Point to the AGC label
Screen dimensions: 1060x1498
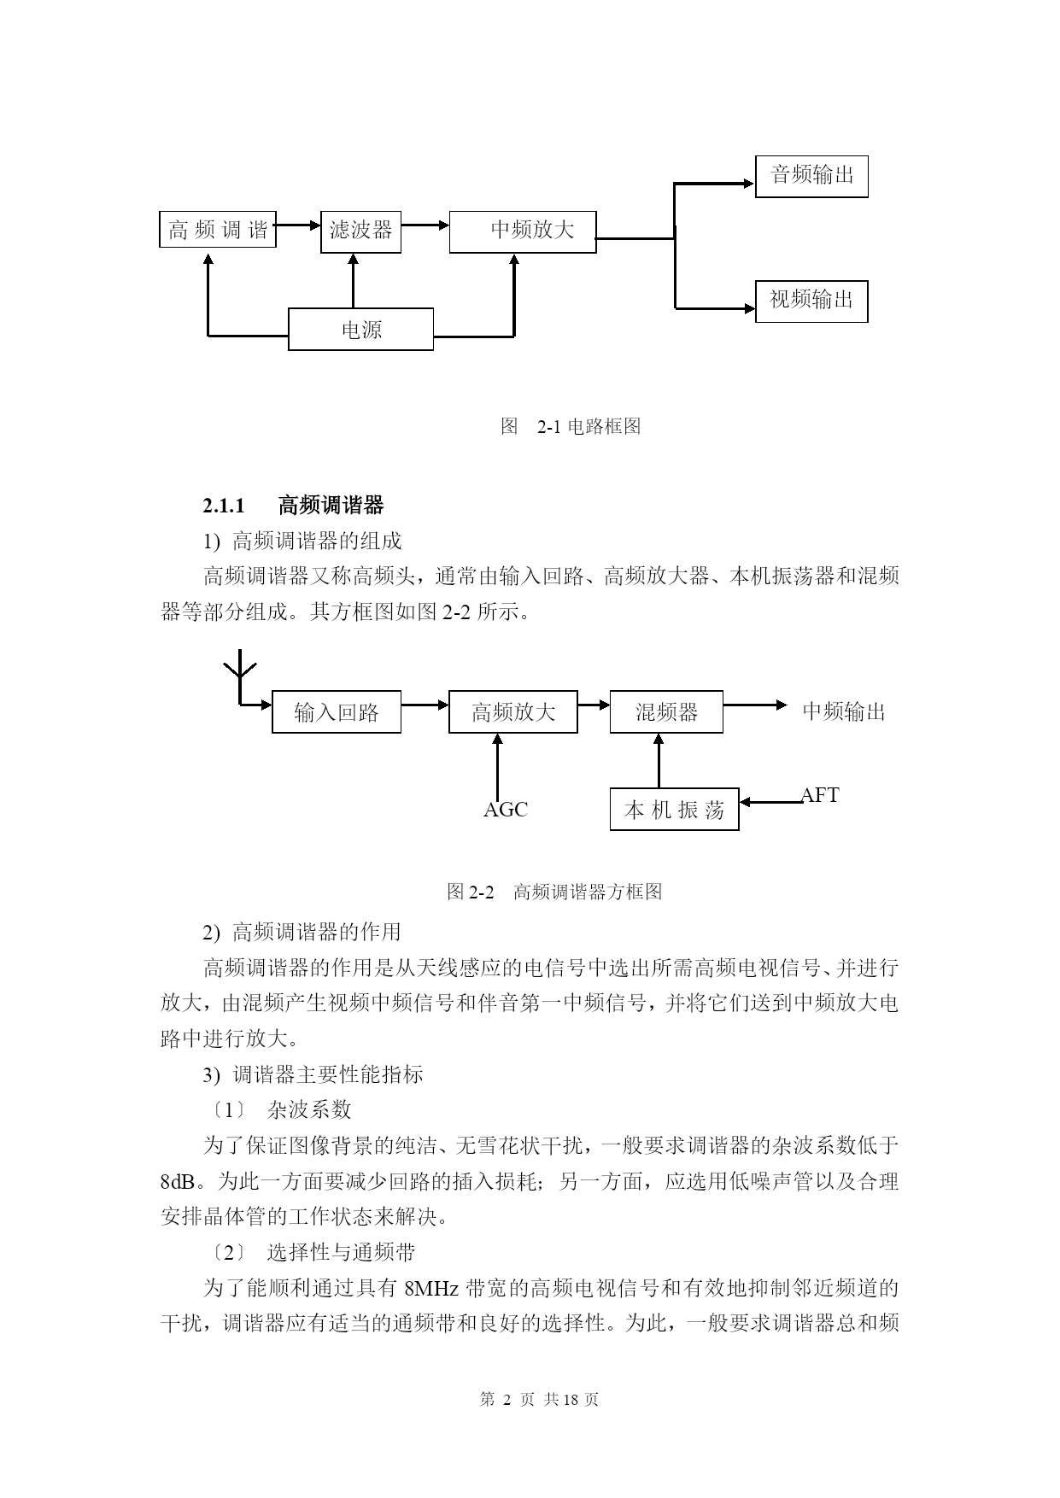click(506, 810)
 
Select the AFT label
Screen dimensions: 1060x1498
click(820, 795)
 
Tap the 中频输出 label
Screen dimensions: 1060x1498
click(844, 711)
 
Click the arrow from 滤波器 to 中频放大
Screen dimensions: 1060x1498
click(425, 225)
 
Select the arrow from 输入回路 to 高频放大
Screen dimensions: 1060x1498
click(425, 705)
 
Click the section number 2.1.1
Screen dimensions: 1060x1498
click(224, 506)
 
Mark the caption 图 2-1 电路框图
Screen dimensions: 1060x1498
click(571, 426)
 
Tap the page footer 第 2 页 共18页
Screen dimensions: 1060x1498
click(540, 1399)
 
